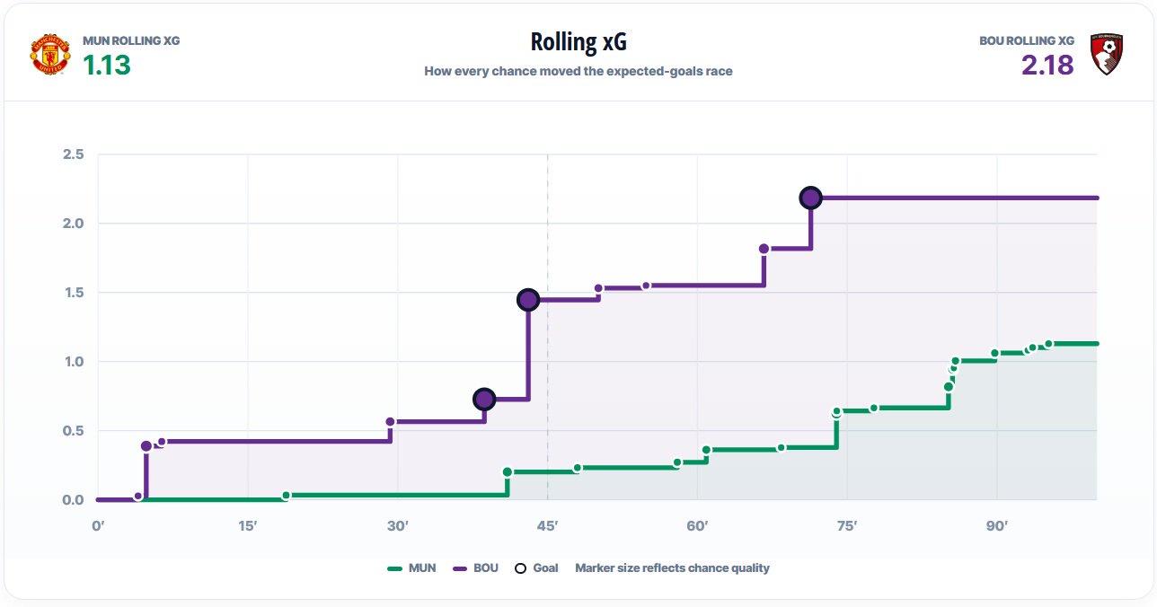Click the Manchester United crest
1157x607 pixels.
click(50, 54)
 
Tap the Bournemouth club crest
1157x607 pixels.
click(1107, 54)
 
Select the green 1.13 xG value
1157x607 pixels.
click(107, 65)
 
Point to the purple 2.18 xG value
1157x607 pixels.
click(1047, 65)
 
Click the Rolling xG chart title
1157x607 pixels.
click(578, 42)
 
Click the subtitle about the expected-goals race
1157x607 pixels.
click(578, 71)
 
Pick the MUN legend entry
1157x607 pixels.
click(411, 568)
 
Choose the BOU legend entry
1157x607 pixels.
click(476, 568)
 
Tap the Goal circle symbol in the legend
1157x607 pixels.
click(521, 568)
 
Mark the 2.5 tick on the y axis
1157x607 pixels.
click(73, 154)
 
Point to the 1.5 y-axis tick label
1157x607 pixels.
click(74, 293)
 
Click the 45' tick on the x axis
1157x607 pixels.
click(548, 526)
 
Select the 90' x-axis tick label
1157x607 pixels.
click(997, 526)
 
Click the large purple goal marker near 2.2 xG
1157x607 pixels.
click(810, 198)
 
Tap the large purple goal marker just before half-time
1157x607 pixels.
click(528, 300)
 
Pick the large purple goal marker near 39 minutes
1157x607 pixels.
click(484, 399)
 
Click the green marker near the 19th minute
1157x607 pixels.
click(287, 496)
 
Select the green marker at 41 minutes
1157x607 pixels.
click(508, 471)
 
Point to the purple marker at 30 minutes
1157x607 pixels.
click(391, 422)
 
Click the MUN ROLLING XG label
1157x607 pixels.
click(131, 40)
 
